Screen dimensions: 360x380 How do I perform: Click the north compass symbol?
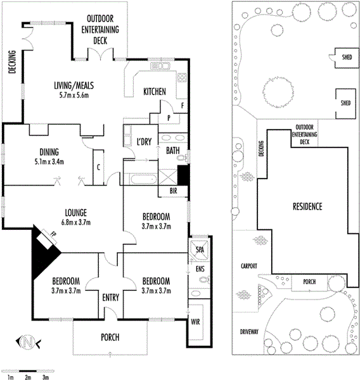[28, 342]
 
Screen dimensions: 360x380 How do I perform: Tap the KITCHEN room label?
[155, 92]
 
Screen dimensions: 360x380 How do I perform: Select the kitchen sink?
[160, 66]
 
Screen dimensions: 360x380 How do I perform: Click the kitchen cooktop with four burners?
[182, 77]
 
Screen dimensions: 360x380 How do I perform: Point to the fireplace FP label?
[53, 234]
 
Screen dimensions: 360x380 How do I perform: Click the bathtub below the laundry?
[144, 179]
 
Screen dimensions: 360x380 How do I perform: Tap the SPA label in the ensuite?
[200, 250]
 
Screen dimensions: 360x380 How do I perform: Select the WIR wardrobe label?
[195, 322]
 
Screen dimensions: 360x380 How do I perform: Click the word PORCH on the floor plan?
[110, 337]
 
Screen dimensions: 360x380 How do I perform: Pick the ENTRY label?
[111, 298]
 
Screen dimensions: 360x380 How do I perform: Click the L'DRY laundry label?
[144, 141]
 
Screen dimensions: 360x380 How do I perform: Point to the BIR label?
[173, 191]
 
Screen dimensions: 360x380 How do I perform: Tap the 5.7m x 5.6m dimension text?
[74, 95]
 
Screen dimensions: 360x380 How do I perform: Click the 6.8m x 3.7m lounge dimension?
[76, 222]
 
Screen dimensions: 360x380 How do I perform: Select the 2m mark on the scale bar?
[28, 377]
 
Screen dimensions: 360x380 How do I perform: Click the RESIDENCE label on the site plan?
[307, 206]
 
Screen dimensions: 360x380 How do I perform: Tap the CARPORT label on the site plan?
[249, 266]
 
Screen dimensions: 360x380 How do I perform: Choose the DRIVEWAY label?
[249, 331]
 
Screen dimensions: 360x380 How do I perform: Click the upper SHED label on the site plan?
[347, 57]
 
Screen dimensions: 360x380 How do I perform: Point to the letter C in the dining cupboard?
[98, 167]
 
